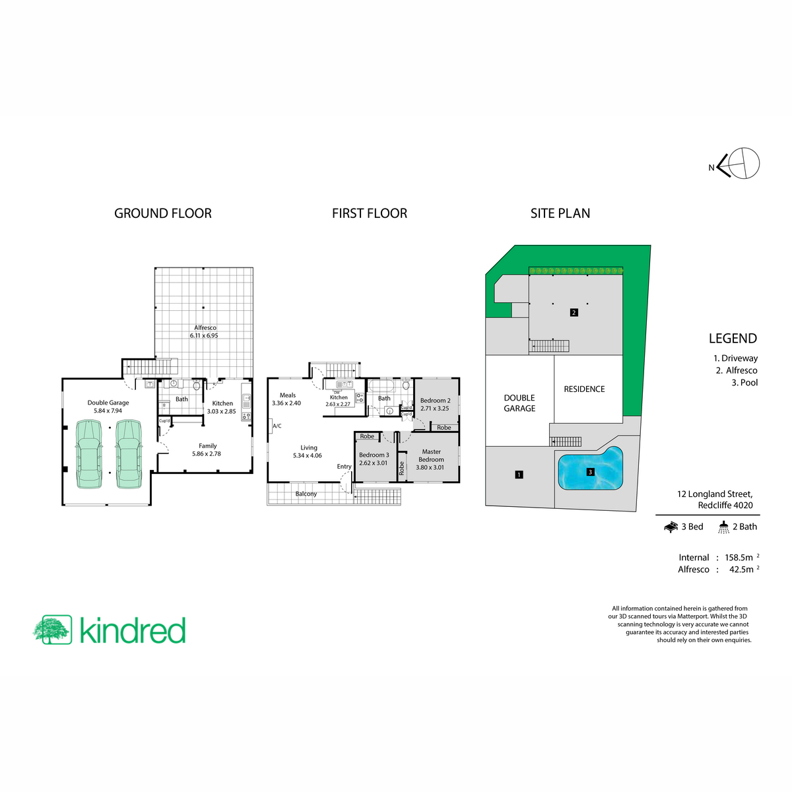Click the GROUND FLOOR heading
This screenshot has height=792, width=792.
pos(163,213)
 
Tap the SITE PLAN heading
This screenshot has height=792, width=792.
pos(560,213)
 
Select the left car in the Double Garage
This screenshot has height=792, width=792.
pos(89,453)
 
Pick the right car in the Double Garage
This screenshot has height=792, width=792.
pos(129,453)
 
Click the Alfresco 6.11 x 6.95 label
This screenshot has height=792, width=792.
pos(204,331)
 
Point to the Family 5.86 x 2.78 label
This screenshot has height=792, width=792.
pos(207,449)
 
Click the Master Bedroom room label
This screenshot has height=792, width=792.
pos(431,455)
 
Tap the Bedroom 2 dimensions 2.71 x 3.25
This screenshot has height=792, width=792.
pos(434,408)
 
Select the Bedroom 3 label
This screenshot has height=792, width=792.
pos(374,455)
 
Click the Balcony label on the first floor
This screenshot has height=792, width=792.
pos(306,494)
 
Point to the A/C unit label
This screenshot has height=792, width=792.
pos(277,426)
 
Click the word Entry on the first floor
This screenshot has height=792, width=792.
pos(344,467)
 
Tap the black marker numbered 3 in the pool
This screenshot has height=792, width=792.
pos(590,472)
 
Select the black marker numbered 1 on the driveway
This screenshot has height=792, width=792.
pos(519,475)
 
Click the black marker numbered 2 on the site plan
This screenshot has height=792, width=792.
pos(574,312)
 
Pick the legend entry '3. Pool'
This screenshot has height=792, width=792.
pos(744,382)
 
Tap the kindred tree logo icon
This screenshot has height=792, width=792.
pos(53,629)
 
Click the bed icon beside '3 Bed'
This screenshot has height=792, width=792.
pos(671,527)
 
